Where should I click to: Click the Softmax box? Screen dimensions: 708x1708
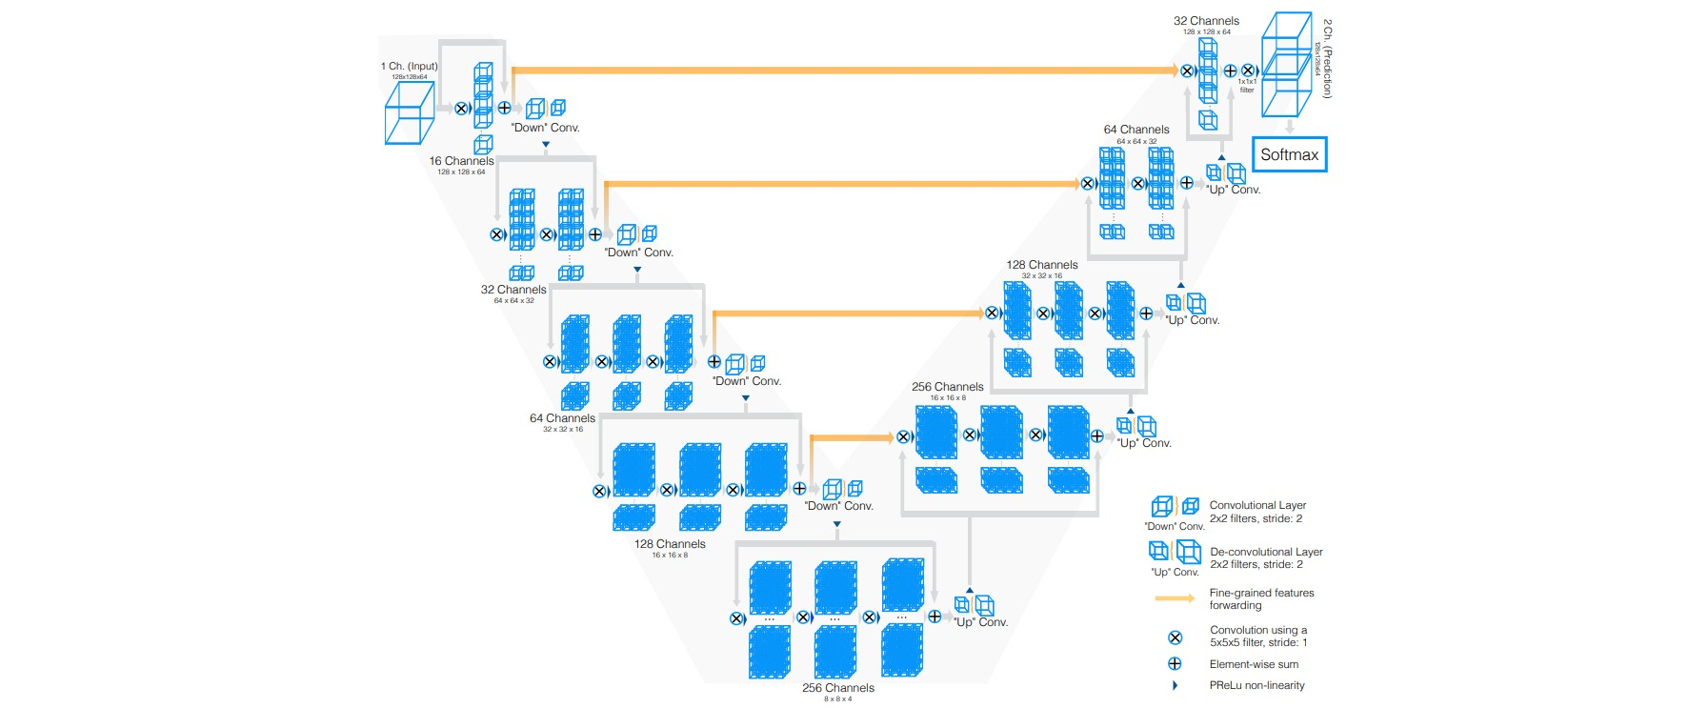pos(1289,154)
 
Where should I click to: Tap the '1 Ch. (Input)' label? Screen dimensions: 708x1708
pos(410,67)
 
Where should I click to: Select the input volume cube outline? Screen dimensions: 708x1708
pos(409,112)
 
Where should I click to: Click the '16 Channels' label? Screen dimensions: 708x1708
pos(461,161)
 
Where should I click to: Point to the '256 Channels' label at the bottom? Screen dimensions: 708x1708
pos(837,688)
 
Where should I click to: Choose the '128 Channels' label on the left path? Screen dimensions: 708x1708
pos(670,544)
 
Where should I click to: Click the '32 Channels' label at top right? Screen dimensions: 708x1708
pos(1206,21)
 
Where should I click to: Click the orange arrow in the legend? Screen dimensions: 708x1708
pos(1175,598)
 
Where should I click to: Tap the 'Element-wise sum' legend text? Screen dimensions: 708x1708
pos(1254,664)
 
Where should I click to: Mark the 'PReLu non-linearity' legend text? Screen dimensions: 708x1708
pos(1256,685)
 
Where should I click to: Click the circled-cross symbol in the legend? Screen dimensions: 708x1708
pos(1175,637)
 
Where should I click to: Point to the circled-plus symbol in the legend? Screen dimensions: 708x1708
pos(1175,664)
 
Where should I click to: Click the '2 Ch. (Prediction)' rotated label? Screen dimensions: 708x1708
pos(1327,58)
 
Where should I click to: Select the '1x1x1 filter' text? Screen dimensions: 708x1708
pos(1247,86)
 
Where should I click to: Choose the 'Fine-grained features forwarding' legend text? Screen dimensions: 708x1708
pos(1261,598)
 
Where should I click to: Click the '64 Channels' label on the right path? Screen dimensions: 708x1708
pos(1136,130)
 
